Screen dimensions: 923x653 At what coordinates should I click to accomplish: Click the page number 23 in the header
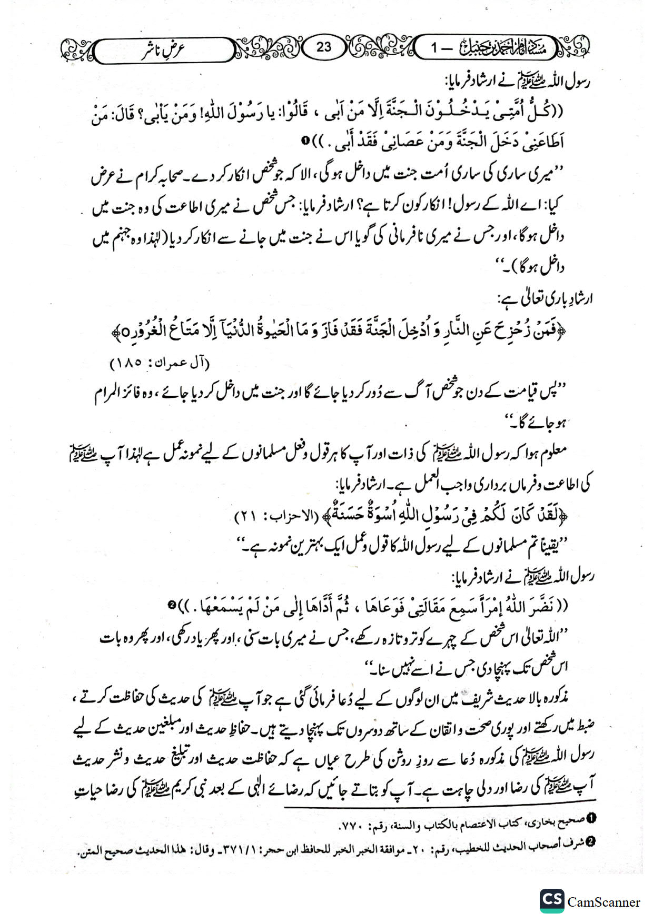click(323, 47)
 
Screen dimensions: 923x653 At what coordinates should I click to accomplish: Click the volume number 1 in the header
click(434, 48)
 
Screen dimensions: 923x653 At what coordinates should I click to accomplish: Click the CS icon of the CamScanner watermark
click(551, 901)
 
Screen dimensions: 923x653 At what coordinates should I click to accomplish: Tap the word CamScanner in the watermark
click(603, 902)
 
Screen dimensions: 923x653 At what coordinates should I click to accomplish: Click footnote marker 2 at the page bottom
click(590, 842)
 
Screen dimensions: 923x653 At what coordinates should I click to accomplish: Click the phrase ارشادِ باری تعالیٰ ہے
click(545, 300)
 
